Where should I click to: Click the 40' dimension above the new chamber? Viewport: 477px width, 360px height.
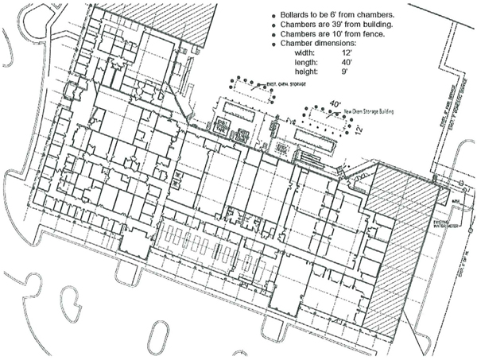[x=337, y=103]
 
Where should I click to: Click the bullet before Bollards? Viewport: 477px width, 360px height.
[x=274, y=16]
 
